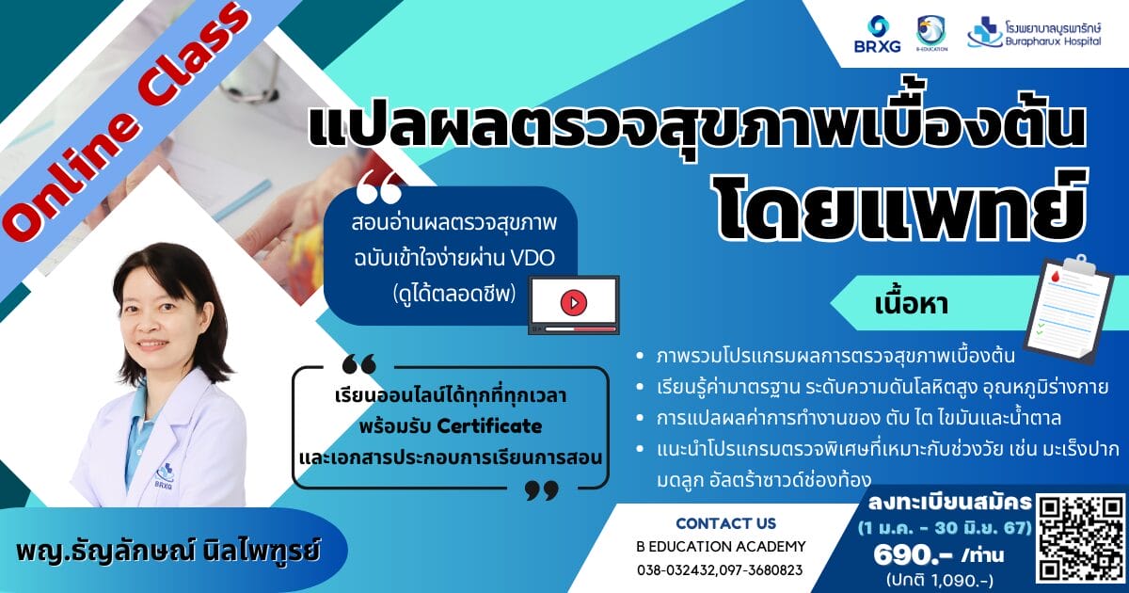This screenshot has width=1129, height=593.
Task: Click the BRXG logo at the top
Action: pos(878,34)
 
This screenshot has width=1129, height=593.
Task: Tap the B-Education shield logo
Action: pos(931,33)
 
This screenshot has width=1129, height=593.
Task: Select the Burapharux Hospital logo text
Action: pos(1053,34)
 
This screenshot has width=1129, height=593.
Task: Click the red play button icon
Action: pos(574,302)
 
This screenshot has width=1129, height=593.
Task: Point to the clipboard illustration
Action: pos(1070,309)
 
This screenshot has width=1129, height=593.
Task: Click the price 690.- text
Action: pos(913,555)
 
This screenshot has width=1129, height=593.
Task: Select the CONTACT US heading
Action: pos(725,523)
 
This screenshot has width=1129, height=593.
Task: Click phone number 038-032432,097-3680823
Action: pos(720,570)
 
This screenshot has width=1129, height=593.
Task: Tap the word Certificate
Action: pos(489,426)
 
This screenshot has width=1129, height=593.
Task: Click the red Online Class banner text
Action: pos(125,120)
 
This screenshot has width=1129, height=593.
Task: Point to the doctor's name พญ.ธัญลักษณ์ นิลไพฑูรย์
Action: pos(167,550)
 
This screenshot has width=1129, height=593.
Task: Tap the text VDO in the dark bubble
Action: pos(533,259)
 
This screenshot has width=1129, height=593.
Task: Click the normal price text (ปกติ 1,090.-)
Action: pos(940,580)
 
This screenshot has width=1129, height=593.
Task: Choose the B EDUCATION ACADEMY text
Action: pos(721,547)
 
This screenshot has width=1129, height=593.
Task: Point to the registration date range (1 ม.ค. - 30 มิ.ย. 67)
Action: pos(945,528)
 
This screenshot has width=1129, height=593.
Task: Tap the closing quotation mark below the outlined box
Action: pos(542,489)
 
